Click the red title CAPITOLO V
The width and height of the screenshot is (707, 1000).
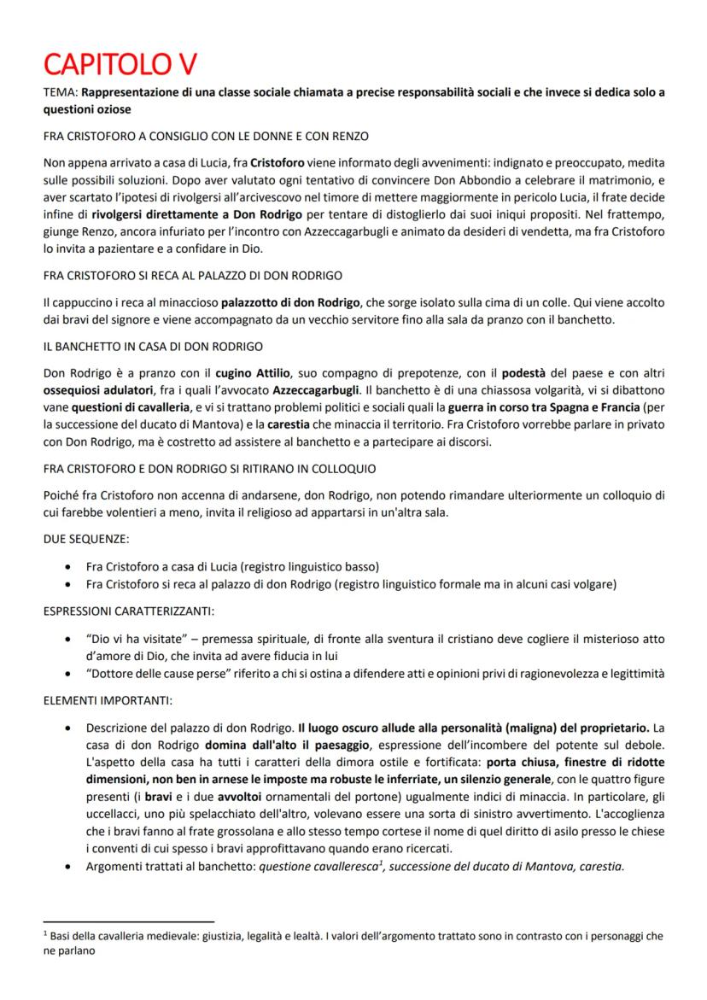[x=121, y=64]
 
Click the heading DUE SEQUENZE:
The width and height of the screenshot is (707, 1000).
[x=81, y=539]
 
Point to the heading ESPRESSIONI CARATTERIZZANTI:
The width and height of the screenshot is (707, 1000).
[x=128, y=612]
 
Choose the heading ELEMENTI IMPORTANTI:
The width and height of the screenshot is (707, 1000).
[x=108, y=701]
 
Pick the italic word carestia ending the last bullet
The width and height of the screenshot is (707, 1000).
[x=602, y=864]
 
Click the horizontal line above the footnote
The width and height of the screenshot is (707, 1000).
[x=128, y=921]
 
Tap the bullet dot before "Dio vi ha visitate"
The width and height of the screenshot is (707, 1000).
[x=68, y=639]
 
